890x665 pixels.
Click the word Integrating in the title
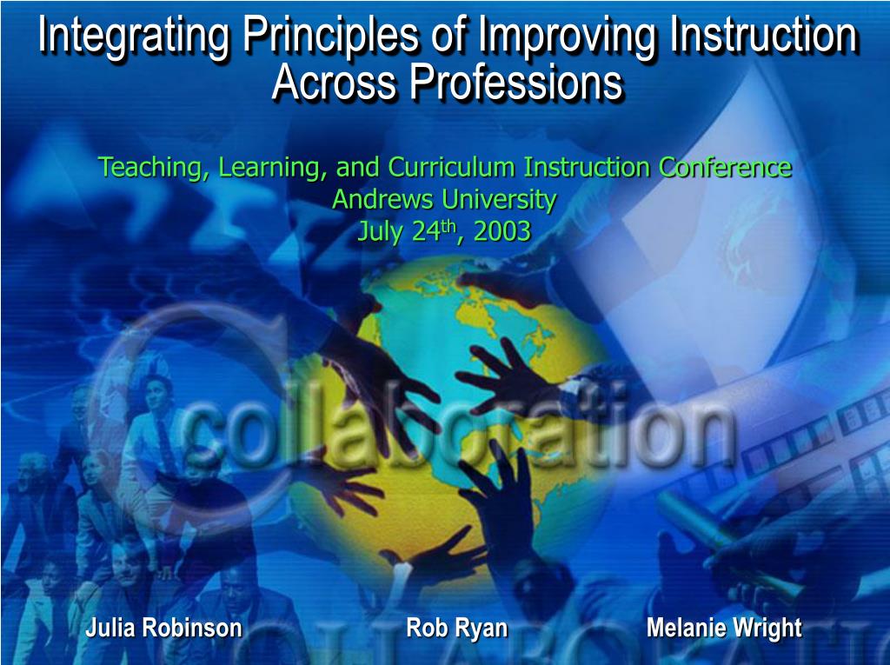[134, 37]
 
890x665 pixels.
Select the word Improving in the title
[568, 37]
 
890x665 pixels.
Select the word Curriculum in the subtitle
[451, 167]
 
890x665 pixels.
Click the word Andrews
[383, 199]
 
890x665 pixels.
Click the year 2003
[501, 232]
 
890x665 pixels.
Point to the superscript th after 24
[448, 227]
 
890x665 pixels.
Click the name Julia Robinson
[164, 628]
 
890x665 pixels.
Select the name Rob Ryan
[457, 628]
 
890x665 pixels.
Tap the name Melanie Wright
[724, 628]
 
